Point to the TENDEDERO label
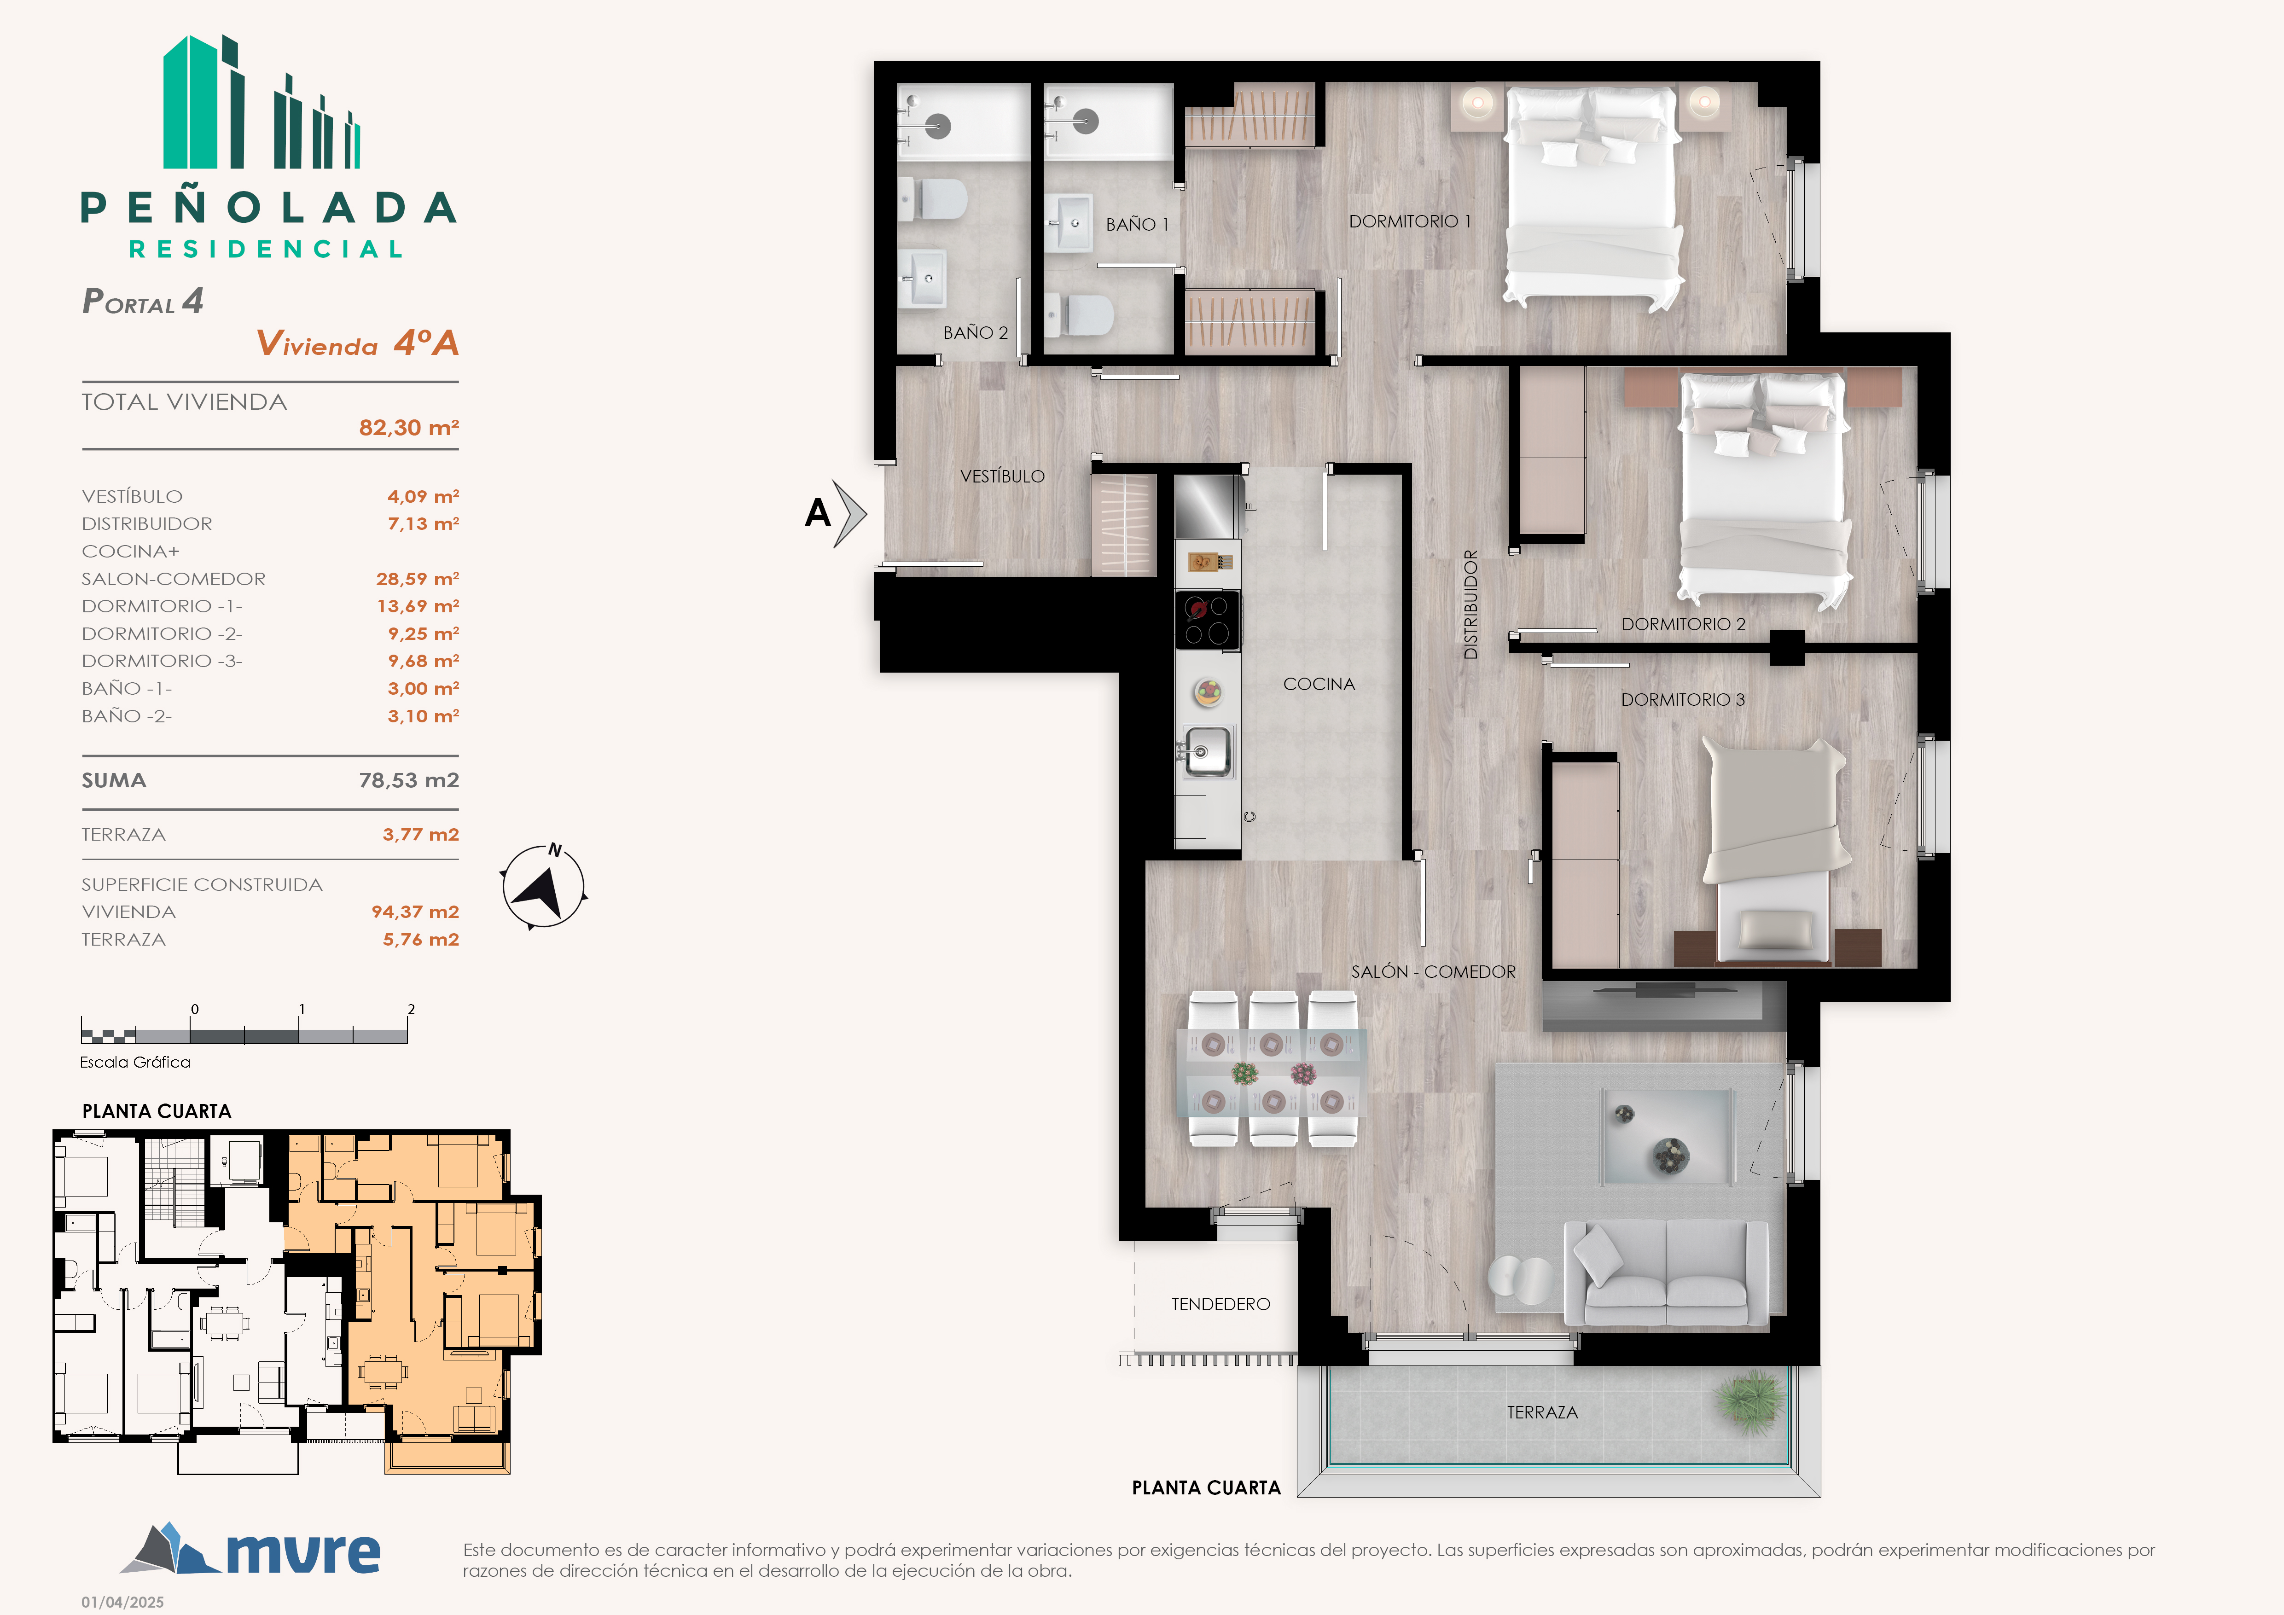pos(1220,1304)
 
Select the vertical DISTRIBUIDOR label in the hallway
pos(1470,604)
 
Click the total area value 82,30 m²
pos(409,428)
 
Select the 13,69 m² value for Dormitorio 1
pos(418,606)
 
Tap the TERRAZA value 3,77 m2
pos(421,834)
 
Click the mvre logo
pos(250,1548)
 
